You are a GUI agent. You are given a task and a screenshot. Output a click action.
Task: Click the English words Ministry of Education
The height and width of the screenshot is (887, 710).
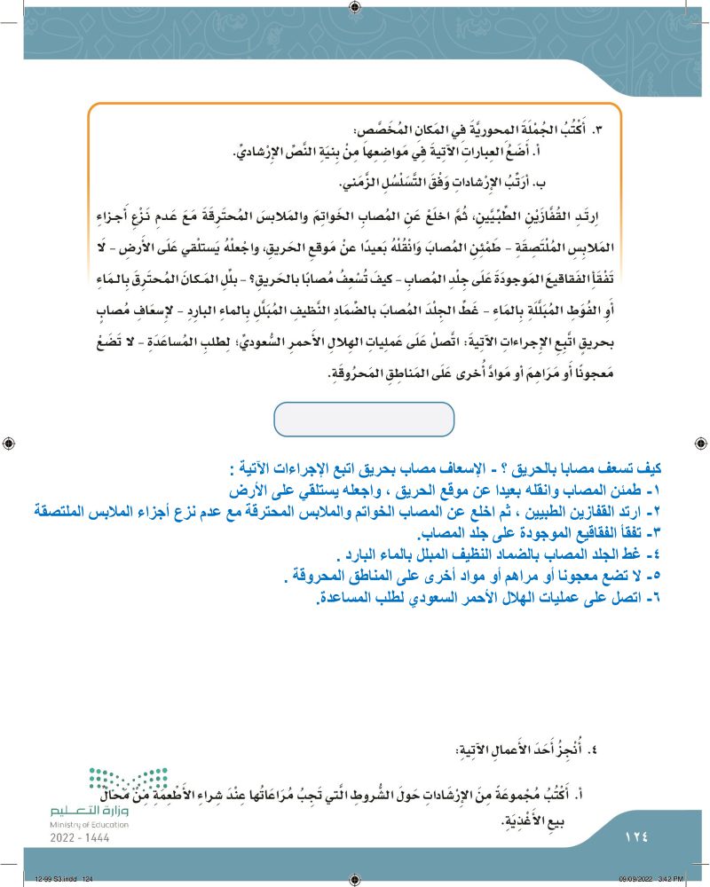[89, 825]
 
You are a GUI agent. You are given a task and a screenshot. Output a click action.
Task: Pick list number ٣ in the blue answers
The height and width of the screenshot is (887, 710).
[657, 530]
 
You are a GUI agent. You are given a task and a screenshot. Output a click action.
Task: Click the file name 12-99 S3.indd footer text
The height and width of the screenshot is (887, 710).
[64, 879]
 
